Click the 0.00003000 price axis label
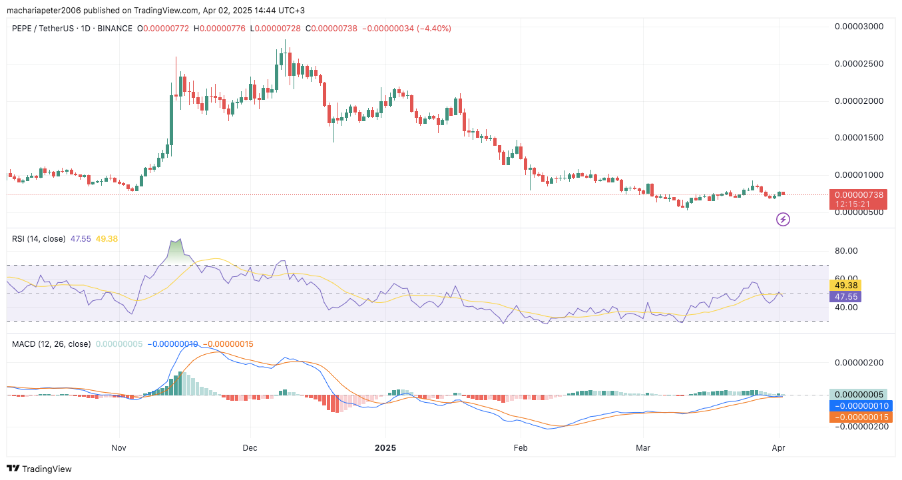(x=859, y=27)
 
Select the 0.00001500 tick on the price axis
(x=859, y=138)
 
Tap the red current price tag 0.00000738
(x=858, y=195)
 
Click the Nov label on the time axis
(x=119, y=448)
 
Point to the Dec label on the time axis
(x=250, y=448)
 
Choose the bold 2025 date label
(x=385, y=448)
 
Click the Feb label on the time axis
(x=521, y=448)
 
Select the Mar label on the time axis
(x=643, y=448)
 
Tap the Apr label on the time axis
(x=778, y=448)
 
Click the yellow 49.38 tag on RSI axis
(x=845, y=286)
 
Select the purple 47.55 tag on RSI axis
(x=845, y=297)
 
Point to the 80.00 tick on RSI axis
(x=845, y=251)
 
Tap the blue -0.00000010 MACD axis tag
(x=858, y=405)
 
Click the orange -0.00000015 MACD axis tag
(x=858, y=417)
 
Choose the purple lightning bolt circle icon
(x=784, y=219)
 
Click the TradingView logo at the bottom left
(x=39, y=469)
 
